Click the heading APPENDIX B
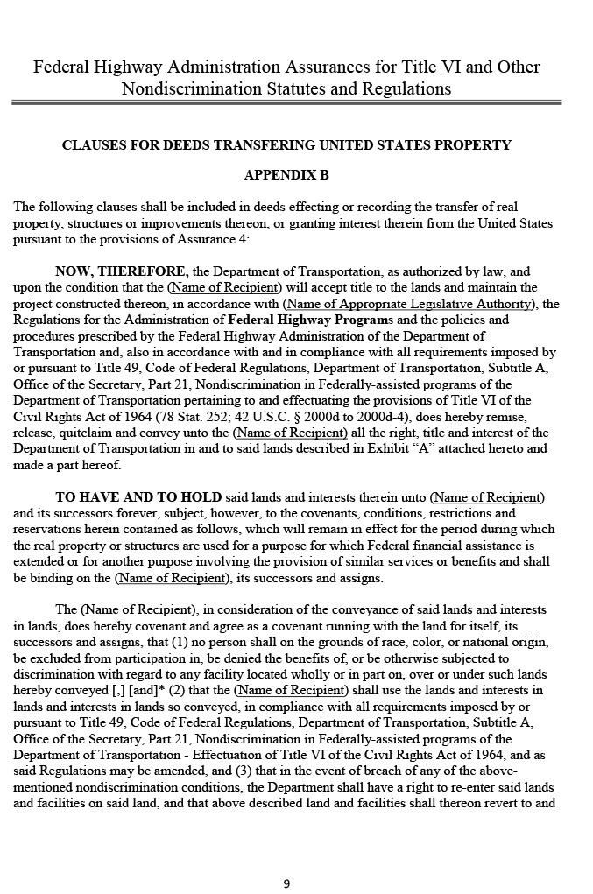tap(286, 175)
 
